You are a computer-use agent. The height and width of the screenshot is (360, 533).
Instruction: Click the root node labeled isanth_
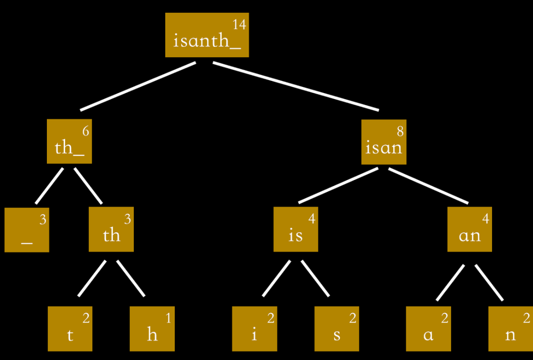coord(207,35)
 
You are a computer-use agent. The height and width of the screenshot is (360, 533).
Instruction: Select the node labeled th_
coord(69,142)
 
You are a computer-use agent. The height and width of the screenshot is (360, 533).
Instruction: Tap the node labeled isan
coord(384,142)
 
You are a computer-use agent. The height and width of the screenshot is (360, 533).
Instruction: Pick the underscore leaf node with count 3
coord(27,230)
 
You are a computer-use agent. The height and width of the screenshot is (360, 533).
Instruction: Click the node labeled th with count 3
coord(111,230)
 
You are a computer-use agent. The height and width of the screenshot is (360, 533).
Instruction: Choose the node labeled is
coord(296,230)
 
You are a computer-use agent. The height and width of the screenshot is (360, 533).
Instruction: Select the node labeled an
coord(470,230)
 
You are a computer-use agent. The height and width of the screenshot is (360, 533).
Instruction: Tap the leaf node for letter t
coord(70,329)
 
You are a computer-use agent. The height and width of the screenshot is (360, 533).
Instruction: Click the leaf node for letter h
coord(152,329)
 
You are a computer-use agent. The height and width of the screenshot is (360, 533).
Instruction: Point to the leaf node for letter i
coord(254,329)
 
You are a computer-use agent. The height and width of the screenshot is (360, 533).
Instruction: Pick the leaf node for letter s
coord(336,329)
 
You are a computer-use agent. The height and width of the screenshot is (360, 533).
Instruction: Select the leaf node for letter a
coord(428,329)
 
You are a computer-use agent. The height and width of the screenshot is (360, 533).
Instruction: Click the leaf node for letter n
coord(510,329)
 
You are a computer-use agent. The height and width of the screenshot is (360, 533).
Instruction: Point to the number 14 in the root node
coord(239,24)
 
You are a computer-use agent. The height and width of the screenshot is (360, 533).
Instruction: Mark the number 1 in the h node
coord(168,318)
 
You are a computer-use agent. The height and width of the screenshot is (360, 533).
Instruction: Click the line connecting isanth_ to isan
coord(296,86)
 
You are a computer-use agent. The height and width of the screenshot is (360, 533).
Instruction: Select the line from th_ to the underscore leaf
coord(50,186)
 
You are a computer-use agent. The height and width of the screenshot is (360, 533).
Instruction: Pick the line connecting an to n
coord(489,282)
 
